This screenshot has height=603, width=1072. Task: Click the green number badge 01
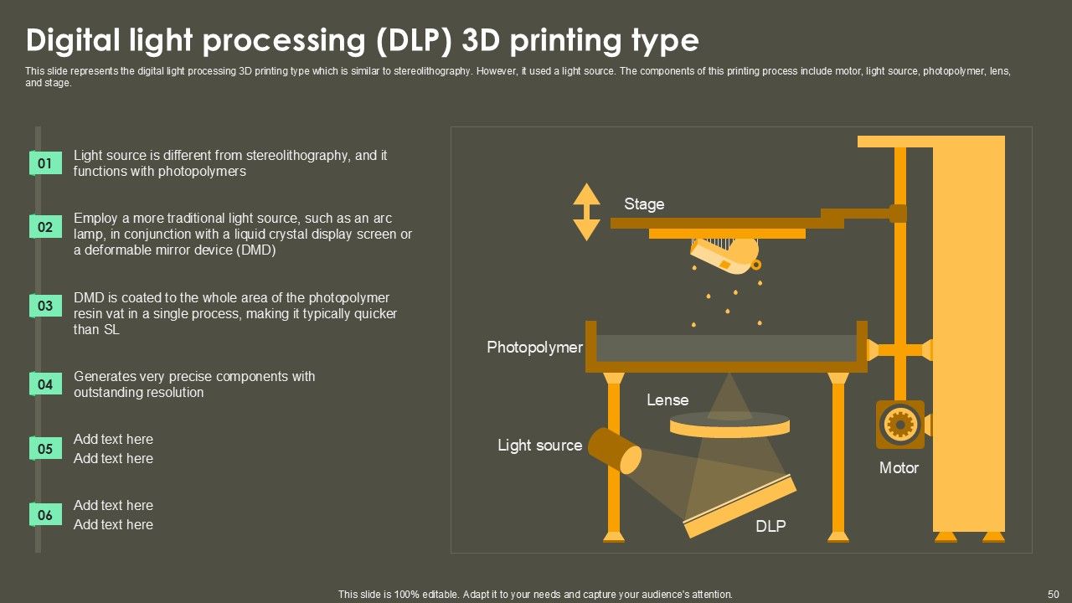[x=45, y=163]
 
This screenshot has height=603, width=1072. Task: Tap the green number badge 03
[x=45, y=306]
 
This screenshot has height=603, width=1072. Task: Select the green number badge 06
[x=45, y=515]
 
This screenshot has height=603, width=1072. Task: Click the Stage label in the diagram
[x=644, y=204]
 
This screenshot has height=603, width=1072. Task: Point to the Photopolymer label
[x=534, y=348]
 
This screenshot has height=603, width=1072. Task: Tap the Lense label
[x=667, y=400]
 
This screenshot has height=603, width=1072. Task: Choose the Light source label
[x=539, y=446]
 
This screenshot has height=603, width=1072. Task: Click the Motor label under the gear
[x=899, y=468]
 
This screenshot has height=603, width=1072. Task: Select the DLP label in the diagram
[x=770, y=527]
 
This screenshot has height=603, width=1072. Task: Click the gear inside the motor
[x=899, y=425]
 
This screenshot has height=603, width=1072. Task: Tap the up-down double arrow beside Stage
[x=586, y=212]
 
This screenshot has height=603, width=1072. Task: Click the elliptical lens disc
[x=729, y=427]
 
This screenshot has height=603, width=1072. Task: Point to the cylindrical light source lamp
[x=614, y=450]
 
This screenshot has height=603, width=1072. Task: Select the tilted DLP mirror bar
[x=740, y=507]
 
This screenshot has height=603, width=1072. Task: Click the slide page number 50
[x=1054, y=594]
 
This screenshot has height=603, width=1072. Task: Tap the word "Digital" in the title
[x=74, y=40]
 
